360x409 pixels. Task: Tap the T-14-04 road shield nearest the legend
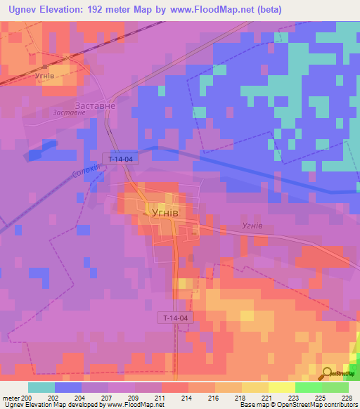(x=174, y=318)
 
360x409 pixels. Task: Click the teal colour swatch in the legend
(x=41, y=387)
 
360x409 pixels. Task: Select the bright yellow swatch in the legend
(x=282, y=387)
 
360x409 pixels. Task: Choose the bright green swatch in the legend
(x=309, y=387)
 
